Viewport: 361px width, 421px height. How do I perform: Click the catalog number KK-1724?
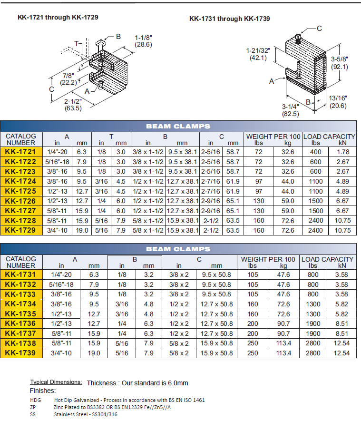click(20, 181)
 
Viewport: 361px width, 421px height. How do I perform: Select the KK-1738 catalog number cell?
click(20, 343)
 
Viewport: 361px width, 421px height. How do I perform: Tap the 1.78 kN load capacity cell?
click(342, 152)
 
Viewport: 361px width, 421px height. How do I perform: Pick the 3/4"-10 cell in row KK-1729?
click(59, 230)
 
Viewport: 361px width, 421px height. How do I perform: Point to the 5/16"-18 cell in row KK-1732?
click(61, 284)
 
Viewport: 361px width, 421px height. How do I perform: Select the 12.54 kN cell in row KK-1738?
click(341, 343)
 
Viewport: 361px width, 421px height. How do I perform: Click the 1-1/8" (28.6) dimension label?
click(143, 41)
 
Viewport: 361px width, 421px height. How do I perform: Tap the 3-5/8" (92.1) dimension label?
click(339, 63)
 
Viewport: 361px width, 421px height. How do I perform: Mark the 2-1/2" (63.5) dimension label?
click(74, 105)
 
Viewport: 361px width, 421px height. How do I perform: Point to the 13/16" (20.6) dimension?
click(338, 102)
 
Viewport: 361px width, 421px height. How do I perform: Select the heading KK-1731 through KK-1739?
click(229, 19)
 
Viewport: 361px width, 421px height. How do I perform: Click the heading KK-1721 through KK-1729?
click(58, 17)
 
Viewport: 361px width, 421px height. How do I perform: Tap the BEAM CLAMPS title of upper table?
click(178, 126)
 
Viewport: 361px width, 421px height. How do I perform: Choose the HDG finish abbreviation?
click(35, 400)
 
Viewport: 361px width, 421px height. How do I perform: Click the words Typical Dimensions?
click(56, 382)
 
